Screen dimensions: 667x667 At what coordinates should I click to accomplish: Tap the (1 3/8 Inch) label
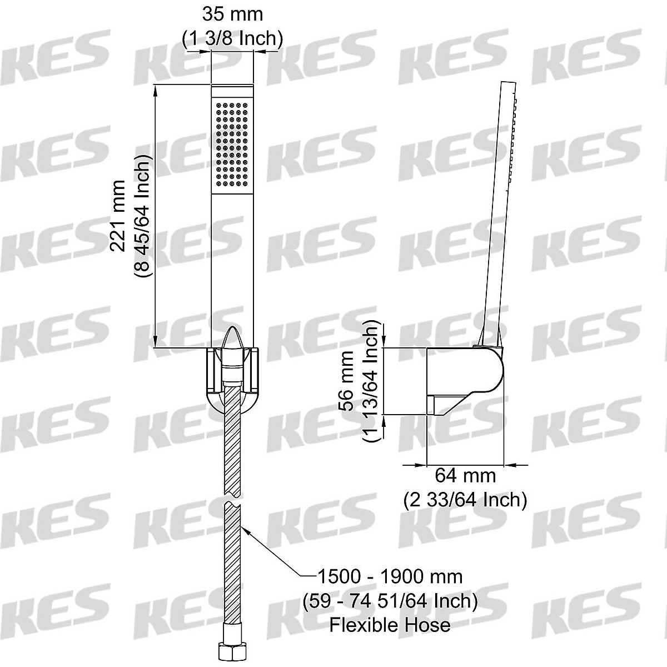232,38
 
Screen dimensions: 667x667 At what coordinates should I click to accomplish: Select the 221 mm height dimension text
118,215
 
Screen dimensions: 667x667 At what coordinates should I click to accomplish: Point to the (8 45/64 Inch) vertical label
142,215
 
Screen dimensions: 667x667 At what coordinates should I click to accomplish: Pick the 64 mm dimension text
465,476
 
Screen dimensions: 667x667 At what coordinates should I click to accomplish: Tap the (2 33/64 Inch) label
465,499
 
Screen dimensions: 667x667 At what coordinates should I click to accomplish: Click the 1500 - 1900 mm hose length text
390,576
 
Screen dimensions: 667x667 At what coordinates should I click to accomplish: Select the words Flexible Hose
390,625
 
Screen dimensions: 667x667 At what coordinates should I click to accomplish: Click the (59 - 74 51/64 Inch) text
390,600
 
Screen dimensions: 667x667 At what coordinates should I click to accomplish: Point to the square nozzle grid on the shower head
232,143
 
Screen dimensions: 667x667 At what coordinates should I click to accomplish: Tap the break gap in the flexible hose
232,497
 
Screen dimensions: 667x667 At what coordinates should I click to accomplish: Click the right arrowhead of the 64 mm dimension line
509,464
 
